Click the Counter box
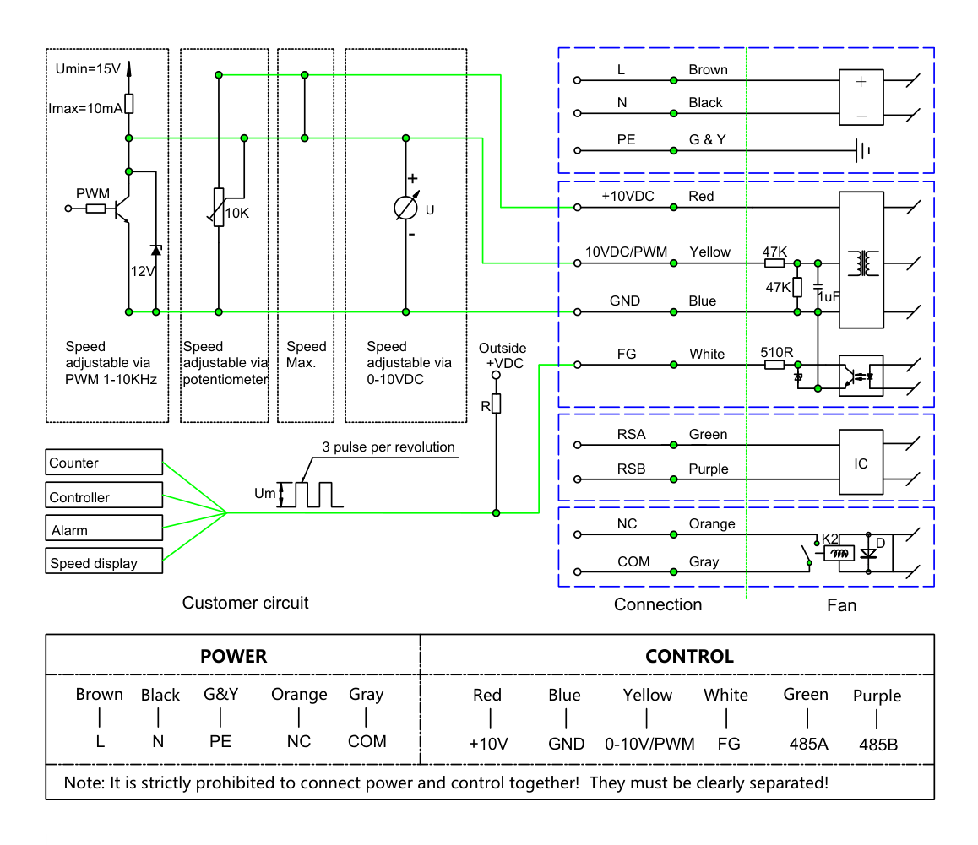click(x=104, y=462)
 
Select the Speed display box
click(x=104, y=561)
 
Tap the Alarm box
click(x=104, y=528)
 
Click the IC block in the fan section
click(x=861, y=462)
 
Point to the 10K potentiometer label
click(x=237, y=214)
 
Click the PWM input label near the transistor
click(x=93, y=193)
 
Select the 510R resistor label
click(x=776, y=352)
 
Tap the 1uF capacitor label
click(x=829, y=297)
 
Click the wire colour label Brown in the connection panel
click(x=708, y=70)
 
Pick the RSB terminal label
click(x=631, y=469)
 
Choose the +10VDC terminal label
click(x=628, y=197)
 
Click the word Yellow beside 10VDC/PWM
click(x=709, y=252)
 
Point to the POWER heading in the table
click(x=233, y=656)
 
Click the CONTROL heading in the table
click(x=689, y=656)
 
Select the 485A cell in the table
click(x=808, y=744)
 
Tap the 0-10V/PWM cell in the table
click(x=649, y=744)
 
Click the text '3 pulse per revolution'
click(x=388, y=447)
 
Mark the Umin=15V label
click(x=88, y=68)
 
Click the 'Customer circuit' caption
click(x=245, y=603)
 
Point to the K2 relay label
click(x=830, y=539)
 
